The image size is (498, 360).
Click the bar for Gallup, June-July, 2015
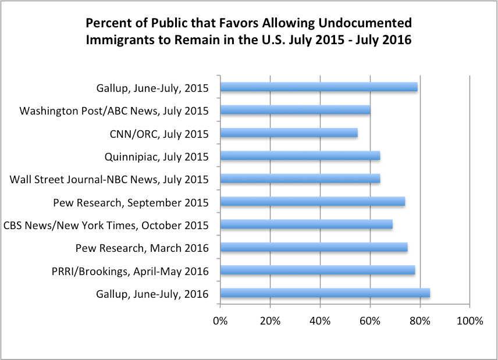[x=319, y=87]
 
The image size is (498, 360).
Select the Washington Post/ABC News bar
[x=296, y=110]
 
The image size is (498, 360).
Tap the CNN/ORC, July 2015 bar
[x=289, y=133]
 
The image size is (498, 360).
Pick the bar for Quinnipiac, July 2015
[x=300, y=155]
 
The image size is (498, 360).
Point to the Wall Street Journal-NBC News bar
[x=300, y=179]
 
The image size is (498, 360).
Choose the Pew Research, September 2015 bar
[x=313, y=201]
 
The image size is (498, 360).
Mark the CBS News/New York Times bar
[x=307, y=224]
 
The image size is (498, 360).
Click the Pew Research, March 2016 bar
[x=314, y=247]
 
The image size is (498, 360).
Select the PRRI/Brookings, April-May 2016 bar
[x=318, y=270]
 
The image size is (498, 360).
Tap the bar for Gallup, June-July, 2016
[x=325, y=293]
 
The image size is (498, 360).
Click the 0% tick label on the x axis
[x=220, y=321]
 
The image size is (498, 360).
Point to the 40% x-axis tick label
[x=320, y=321]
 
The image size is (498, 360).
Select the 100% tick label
[x=469, y=321]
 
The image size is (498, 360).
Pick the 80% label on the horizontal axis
[x=420, y=321]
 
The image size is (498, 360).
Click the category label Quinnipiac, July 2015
[x=156, y=157]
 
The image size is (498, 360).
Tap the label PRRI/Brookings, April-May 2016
[x=130, y=272]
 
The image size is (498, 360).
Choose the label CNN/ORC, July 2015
[x=159, y=134]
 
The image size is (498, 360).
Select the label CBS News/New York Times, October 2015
[x=106, y=226]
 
